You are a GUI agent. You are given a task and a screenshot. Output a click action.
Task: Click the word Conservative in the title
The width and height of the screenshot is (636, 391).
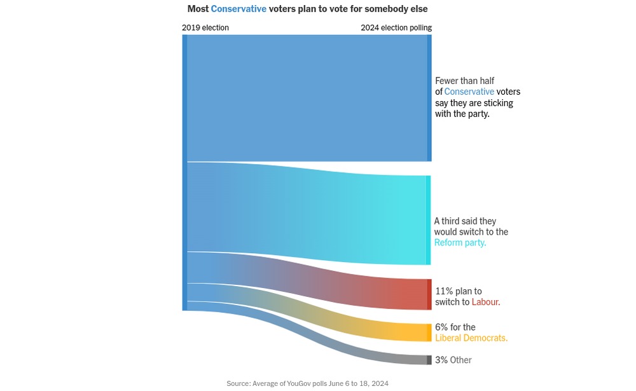point(238,9)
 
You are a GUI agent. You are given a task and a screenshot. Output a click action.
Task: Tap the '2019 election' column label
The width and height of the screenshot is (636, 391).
point(205,28)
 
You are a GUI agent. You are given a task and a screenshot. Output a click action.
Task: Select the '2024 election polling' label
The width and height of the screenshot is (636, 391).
point(396,28)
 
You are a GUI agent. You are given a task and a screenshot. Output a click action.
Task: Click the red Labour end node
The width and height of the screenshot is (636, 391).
point(429,294)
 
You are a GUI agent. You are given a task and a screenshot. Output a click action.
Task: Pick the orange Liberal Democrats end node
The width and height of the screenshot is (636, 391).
point(429,333)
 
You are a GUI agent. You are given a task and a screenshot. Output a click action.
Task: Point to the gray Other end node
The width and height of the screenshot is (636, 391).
point(429,360)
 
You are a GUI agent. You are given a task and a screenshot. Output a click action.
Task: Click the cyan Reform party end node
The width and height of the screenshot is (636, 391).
point(429,220)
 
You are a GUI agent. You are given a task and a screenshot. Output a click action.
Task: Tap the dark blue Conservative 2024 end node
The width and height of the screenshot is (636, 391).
point(429,98)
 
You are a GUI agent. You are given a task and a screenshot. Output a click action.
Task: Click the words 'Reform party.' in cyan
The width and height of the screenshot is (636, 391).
point(460,243)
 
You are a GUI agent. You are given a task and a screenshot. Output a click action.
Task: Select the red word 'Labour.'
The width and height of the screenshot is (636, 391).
point(486,302)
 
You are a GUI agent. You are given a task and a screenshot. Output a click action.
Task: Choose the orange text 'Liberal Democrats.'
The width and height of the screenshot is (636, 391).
point(471,338)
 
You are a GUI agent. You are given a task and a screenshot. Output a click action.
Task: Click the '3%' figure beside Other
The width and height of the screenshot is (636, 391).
point(441,360)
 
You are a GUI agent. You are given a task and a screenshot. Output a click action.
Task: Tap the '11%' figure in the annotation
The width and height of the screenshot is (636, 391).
point(444,291)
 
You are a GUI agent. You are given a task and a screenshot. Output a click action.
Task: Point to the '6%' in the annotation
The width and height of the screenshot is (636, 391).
point(441,327)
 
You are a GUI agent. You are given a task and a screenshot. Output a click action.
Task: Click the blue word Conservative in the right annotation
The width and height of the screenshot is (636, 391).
point(469,92)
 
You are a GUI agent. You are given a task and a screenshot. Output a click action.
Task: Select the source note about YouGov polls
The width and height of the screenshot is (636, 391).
point(307,383)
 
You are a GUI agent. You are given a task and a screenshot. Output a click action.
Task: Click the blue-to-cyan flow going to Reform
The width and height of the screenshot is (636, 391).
point(305,213)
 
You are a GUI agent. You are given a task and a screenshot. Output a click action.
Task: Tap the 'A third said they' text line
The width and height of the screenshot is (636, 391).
point(465,221)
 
